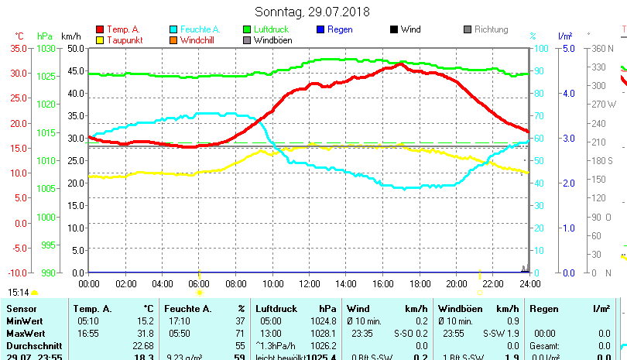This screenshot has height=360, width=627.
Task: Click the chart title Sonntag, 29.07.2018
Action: tap(312, 12)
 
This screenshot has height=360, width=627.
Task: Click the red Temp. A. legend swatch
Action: tap(100, 30)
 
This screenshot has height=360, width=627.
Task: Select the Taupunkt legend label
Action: tap(122, 40)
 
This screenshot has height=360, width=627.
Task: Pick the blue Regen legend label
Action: tap(340, 29)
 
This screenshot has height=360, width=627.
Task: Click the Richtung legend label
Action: tap(491, 29)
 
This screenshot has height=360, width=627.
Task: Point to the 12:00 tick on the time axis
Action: tap(309, 283)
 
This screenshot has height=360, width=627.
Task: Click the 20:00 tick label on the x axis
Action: tap(456, 283)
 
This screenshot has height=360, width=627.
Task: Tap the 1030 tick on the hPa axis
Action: tap(46, 48)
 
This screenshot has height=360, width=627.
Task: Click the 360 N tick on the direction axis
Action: tap(602, 48)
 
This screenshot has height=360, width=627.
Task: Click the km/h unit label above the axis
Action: tap(70, 36)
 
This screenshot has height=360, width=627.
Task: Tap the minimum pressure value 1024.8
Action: tap(320, 321)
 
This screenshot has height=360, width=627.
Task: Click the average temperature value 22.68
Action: tap(142, 345)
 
